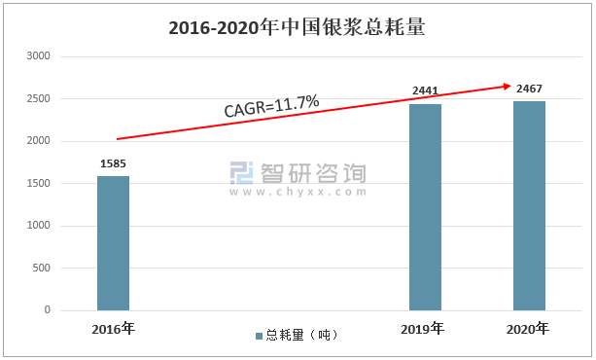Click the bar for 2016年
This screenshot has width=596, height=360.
(114, 243)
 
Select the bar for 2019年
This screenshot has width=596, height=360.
(425, 207)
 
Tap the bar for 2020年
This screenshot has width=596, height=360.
(529, 206)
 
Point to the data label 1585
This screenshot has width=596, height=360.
(113, 163)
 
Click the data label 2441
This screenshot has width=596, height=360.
(425, 90)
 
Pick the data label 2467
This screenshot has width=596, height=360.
(529, 89)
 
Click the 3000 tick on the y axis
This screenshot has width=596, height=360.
(38, 55)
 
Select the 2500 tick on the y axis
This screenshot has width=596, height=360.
(38, 98)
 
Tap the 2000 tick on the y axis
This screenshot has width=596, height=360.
(38, 141)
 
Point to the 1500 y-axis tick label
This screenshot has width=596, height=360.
(38, 183)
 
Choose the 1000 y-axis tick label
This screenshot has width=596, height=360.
(38, 226)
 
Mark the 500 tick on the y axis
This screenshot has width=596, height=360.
(41, 268)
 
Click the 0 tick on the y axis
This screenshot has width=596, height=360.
(47, 309)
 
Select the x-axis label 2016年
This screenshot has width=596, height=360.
(114, 329)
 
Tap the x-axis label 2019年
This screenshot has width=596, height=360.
(422, 329)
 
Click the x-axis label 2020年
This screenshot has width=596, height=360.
(528, 329)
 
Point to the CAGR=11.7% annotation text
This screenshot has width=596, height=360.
(272, 106)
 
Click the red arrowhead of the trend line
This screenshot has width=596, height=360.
(508, 87)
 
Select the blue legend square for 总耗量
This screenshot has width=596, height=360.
(260, 336)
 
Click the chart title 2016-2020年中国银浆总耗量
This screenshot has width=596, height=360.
(297, 28)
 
